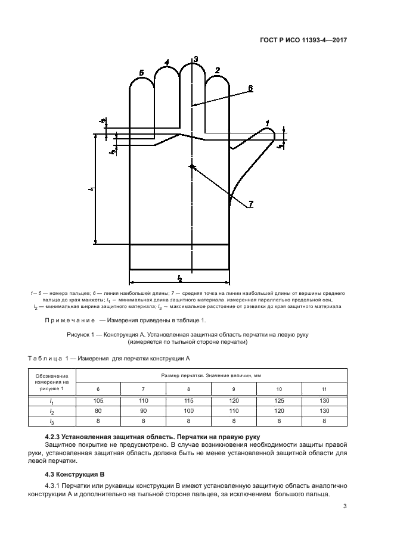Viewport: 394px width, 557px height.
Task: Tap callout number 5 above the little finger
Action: point(141,73)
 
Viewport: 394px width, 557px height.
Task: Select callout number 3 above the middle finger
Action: point(196,58)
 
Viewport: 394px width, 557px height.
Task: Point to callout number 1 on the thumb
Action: point(268,123)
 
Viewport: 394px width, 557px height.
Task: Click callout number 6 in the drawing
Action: point(250,88)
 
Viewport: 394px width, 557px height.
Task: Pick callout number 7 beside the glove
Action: point(251,204)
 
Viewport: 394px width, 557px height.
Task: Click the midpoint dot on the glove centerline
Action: point(191,166)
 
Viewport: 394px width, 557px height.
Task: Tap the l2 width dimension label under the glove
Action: point(179,278)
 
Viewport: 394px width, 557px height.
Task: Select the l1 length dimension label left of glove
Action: point(90,189)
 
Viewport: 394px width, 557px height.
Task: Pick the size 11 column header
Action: point(324,389)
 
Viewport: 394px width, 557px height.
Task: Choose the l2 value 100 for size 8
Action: point(188,411)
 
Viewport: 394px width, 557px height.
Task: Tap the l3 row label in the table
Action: point(52,421)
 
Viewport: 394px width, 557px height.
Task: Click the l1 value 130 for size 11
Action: point(324,402)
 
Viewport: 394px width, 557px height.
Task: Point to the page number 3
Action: point(345,507)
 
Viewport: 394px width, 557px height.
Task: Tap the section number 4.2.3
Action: point(56,438)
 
